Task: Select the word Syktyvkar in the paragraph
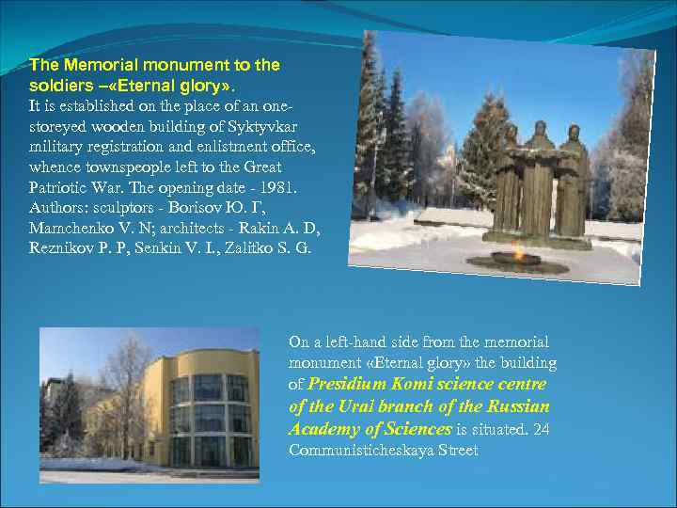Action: pyautogui.click(x=269, y=127)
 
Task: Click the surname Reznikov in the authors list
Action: pyautogui.click(x=57, y=249)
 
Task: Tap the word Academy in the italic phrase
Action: pyautogui.click(x=323, y=429)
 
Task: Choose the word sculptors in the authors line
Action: pyautogui.click(x=125, y=208)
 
